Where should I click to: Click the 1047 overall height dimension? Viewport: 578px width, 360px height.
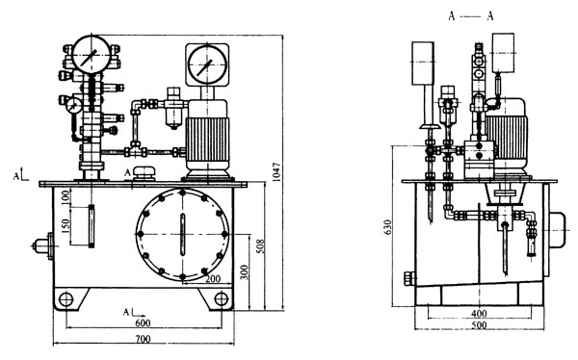coord(277,172)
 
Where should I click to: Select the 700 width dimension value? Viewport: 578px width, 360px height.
coord(143,339)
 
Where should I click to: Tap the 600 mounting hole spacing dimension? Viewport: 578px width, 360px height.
coord(143,323)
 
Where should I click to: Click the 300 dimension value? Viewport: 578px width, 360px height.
coord(244,272)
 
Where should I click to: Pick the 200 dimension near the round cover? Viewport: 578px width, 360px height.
coord(213,279)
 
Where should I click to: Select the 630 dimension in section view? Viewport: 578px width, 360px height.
coord(387,228)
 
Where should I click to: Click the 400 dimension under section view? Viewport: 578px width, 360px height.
coord(479,314)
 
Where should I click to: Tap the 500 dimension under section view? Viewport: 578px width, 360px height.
coord(479,325)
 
